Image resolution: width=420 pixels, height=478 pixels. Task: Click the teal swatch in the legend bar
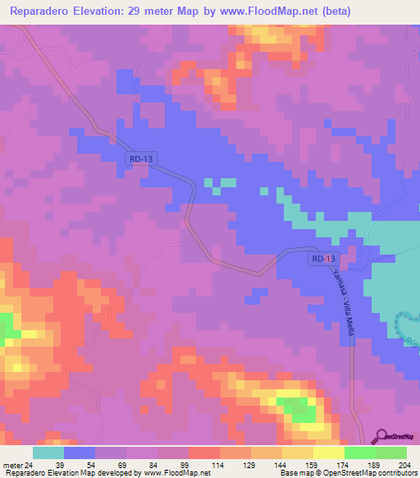[48, 453]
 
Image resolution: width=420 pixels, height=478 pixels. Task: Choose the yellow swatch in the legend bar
[329, 453]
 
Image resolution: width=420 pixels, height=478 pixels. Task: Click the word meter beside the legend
[11, 466]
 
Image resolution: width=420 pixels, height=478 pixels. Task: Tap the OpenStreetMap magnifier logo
[381, 437]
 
